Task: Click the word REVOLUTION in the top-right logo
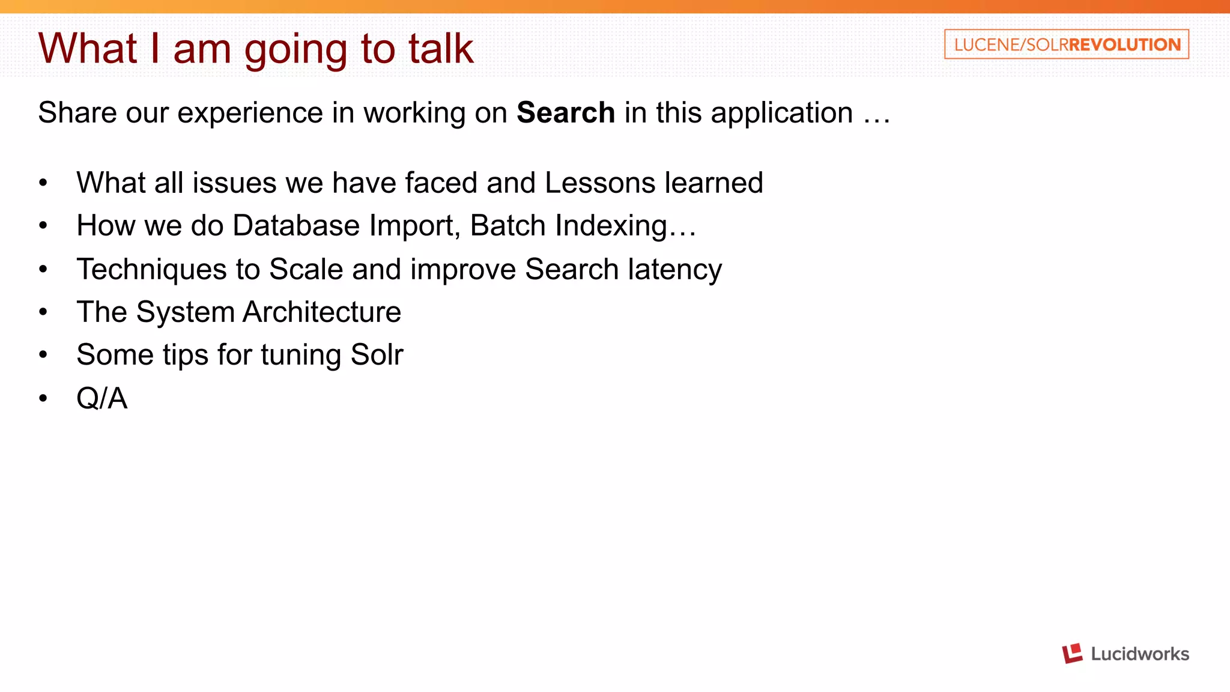pos(1124,44)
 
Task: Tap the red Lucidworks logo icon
pos(1072,653)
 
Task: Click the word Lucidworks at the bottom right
pos(1139,654)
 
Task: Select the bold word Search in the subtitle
pos(566,112)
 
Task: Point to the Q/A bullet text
pos(101,398)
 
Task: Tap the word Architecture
pos(321,312)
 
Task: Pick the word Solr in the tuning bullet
pos(377,354)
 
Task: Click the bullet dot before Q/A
pos(43,398)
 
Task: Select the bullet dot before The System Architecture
pos(43,312)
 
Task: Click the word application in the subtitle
pos(781,113)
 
